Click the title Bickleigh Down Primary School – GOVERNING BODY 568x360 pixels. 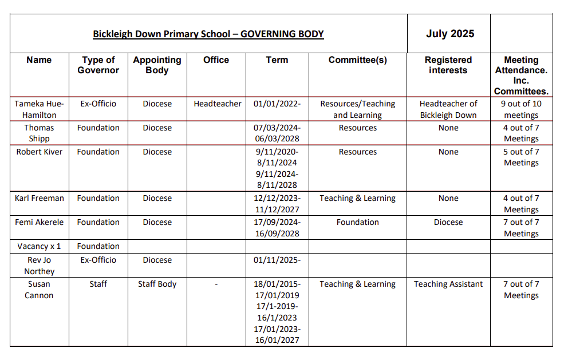click(x=208, y=34)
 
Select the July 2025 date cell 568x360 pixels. click(x=449, y=33)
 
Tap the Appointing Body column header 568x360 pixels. click(x=157, y=65)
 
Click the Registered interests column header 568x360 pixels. click(x=448, y=65)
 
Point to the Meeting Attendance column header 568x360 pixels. click(x=521, y=75)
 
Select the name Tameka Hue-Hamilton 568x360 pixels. click(x=40, y=109)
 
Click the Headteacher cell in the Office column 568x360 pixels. click(x=218, y=104)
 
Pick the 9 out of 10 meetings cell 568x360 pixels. click(x=521, y=109)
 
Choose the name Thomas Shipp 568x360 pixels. click(x=40, y=133)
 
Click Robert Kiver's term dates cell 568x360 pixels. click(x=277, y=168)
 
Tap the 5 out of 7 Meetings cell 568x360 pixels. click(x=521, y=157)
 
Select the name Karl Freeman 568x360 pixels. click(x=40, y=198)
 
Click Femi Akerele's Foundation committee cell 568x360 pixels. click(x=358, y=222)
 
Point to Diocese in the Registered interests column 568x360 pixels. click(x=448, y=222)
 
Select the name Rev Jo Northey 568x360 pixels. click(x=40, y=266)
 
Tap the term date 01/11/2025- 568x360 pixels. click(x=277, y=260)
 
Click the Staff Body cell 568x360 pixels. click(x=157, y=284)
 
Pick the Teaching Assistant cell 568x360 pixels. click(x=448, y=284)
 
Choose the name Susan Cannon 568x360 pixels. click(x=40, y=290)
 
